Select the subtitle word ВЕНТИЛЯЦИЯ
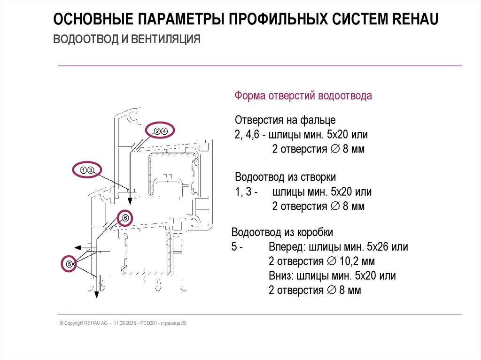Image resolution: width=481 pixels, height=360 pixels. pyautogui.click(x=165, y=38)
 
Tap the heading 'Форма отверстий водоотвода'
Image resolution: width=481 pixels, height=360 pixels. pyautogui.click(x=303, y=96)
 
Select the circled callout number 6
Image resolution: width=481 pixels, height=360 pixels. pyautogui.click(x=125, y=217)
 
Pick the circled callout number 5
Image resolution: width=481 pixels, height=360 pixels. pyautogui.click(x=69, y=264)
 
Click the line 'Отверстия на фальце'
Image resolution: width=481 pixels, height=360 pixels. pyautogui.click(x=285, y=120)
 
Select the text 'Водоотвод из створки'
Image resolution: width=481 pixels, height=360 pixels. pyautogui.click(x=285, y=177)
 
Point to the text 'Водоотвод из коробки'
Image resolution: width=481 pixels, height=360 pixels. pyautogui.click(x=282, y=232)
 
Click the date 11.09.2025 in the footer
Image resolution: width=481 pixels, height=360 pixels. pyautogui.click(x=124, y=323)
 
